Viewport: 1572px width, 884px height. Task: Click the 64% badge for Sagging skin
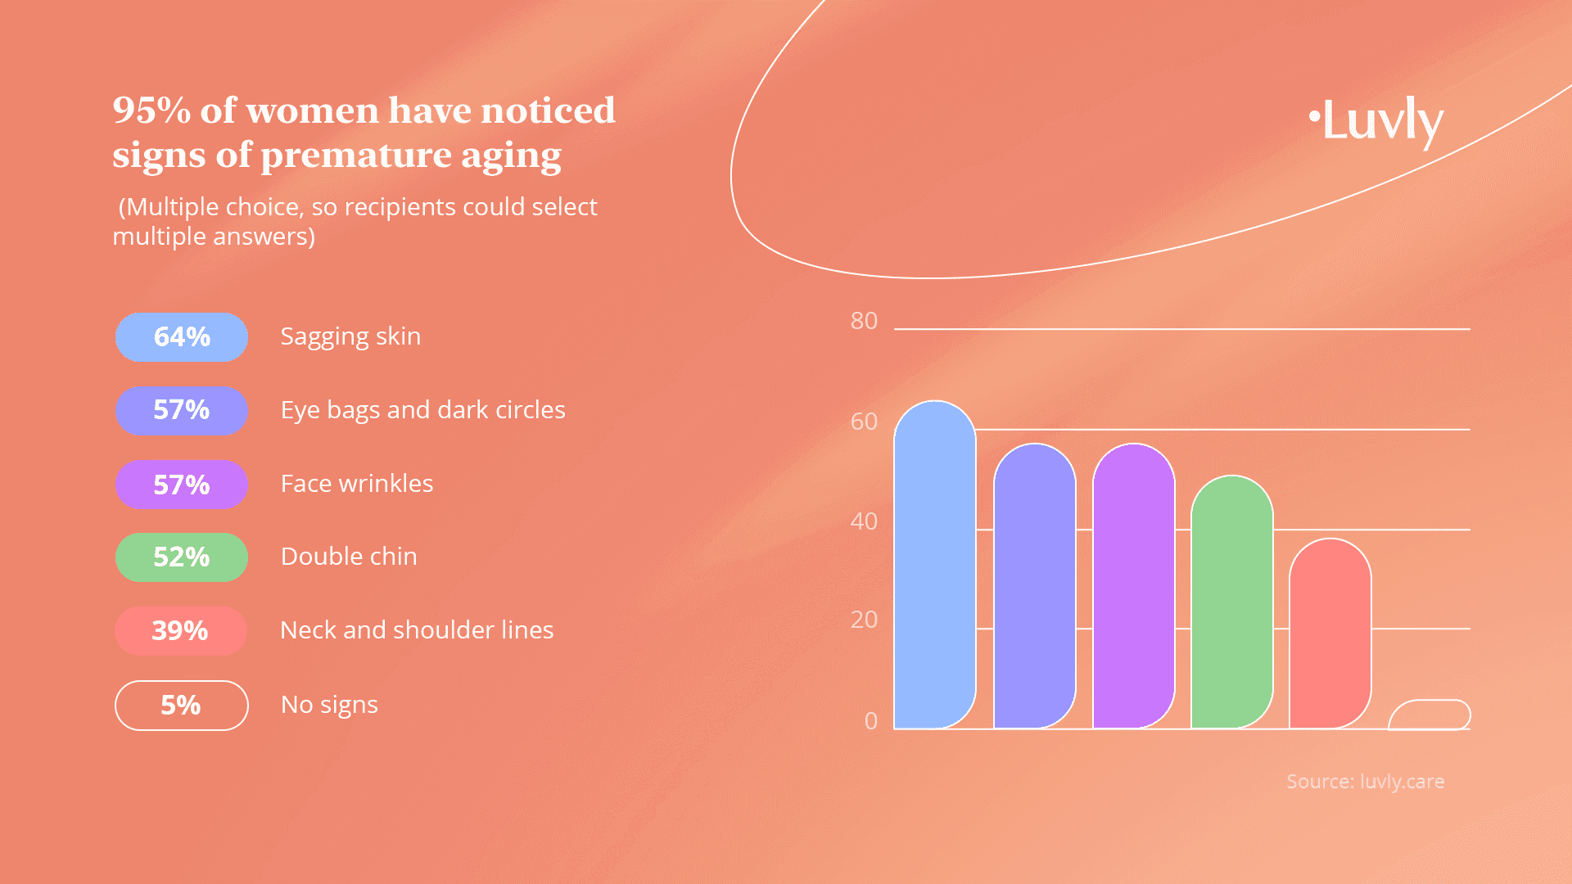tap(182, 336)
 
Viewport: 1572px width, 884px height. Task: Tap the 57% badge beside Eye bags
tap(182, 410)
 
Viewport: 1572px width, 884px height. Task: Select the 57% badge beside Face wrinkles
tap(182, 484)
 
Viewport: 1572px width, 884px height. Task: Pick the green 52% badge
tap(182, 557)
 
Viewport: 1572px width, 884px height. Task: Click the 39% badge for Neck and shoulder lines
tap(181, 631)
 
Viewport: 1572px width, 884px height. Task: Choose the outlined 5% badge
tap(182, 705)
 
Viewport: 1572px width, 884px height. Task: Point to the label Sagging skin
tap(350, 336)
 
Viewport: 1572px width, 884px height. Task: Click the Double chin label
tap(349, 557)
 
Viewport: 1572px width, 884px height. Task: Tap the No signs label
tap(329, 705)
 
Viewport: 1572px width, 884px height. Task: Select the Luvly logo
tap(1375, 121)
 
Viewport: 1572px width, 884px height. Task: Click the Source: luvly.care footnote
tap(1365, 782)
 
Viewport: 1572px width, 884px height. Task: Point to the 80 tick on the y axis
tap(864, 321)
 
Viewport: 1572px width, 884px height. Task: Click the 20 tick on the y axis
tap(864, 620)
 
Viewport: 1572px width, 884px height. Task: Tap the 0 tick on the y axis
tap(871, 721)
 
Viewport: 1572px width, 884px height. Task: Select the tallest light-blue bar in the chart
tap(935, 565)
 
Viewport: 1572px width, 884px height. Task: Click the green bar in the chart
tap(1232, 602)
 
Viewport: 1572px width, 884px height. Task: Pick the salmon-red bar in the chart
tap(1330, 634)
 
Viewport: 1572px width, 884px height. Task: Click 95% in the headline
tap(152, 110)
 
